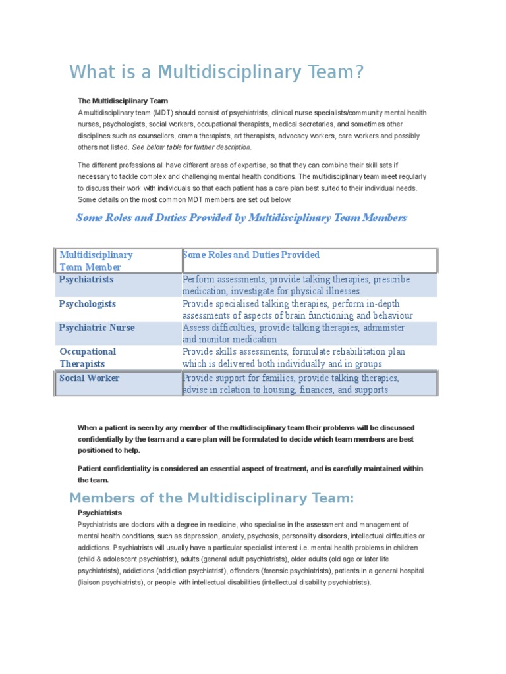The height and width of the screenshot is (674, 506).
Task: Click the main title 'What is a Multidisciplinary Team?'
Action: tap(216, 72)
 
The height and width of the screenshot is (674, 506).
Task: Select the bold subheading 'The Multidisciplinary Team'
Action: tap(123, 101)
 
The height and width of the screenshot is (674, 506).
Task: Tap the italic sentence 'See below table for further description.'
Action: tap(191, 147)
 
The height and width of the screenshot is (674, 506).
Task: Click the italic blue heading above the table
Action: tap(241, 218)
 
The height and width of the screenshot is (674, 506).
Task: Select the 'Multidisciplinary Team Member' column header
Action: tap(96, 261)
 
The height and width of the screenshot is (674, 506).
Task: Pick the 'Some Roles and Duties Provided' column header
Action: tap(251, 255)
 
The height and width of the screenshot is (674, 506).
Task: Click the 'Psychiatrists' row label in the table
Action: tap(86, 280)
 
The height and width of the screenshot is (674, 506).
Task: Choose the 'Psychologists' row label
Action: tap(88, 304)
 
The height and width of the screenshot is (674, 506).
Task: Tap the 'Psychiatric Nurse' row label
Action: tap(97, 328)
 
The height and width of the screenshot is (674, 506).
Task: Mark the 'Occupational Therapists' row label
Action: tap(88, 357)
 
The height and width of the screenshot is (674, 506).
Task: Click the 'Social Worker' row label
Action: tap(89, 378)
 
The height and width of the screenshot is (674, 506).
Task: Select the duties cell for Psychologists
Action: tap(297, 309)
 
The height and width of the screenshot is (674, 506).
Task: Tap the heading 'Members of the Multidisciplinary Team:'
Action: tap(211, 498)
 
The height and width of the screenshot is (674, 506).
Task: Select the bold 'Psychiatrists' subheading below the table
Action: tap(99, 513)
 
